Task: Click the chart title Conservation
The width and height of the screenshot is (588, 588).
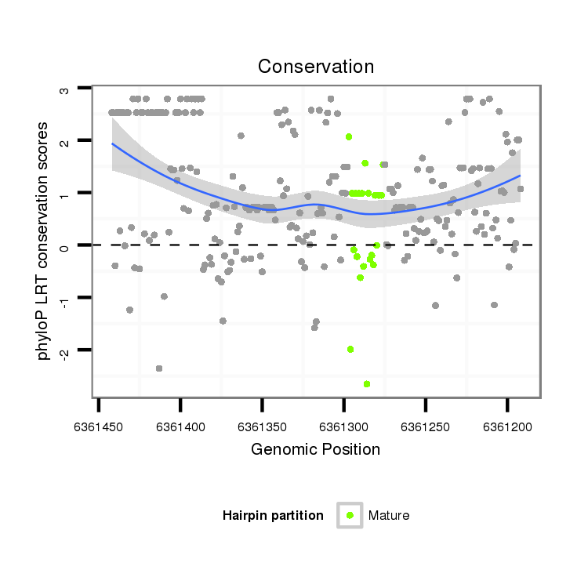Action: tap(316, 66)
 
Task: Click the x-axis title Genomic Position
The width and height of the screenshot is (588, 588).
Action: tap(316, 450)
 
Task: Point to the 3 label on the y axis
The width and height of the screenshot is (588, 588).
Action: tap(65, 90)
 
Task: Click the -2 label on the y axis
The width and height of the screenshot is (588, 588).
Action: tap(65, 350)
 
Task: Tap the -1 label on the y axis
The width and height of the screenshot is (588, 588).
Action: tap(65, 299)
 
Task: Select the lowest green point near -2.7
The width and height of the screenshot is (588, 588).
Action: tap(366, 384)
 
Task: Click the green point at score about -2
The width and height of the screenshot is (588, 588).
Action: tap(350, 349)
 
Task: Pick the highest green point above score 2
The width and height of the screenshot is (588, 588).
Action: tap(349, 136)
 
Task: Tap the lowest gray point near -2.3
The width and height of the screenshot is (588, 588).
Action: tap(159, 368)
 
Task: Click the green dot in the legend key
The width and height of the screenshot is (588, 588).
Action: tap(350, 515)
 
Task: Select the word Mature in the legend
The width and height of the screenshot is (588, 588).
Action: tap(389, 515)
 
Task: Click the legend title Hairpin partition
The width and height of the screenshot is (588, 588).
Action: tap(273, 515)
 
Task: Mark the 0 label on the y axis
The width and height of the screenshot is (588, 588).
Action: tap(65, 246)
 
